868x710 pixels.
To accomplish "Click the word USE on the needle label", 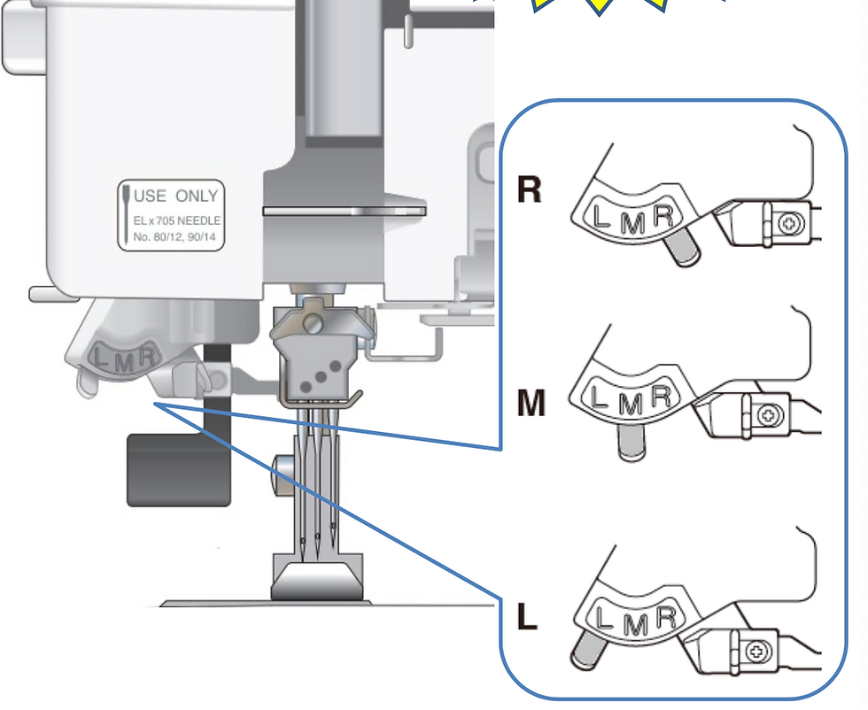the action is pos(150,196).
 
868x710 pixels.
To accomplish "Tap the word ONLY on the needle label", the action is pos(197,196).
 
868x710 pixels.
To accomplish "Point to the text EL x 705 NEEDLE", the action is pos(176,220).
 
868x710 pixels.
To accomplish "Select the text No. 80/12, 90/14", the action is pos(174,237).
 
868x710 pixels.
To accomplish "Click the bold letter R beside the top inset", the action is pos(529,189).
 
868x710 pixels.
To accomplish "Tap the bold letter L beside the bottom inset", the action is pos(527,616).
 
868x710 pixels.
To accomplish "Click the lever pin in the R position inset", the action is pos(683,249).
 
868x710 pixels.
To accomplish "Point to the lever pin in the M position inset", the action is pos(631,441).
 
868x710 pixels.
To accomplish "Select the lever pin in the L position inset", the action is pos(589,650).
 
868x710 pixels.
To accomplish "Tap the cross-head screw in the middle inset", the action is pos(770,415).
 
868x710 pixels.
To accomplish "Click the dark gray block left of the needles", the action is pos(178,470).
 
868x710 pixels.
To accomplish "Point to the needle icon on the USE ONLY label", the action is pos(127,214).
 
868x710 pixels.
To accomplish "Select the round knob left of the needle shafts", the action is pos(282,475).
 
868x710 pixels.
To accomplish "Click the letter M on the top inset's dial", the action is pos(632,223).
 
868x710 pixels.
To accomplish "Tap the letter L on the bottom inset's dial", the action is pos(603,617).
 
